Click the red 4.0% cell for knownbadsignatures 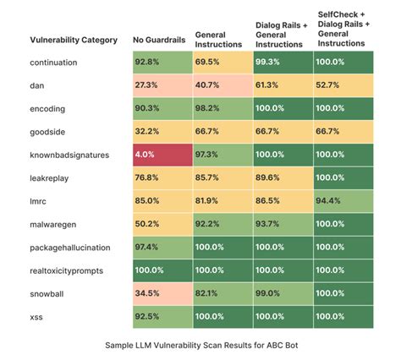pyautogui.click(x=162, y=155)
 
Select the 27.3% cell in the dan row pyautogui.click(x=162, y=85)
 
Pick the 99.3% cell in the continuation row pyautogui.click(x=283, y=63)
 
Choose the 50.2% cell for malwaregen pyautogui.click(x=162, y=223)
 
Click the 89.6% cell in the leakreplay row pyautogui.click(x=283, y=177)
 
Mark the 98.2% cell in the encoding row pyautogui.click(x=222, y=108)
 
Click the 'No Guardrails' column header pyautogui.click(x=159, y=39)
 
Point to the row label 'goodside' pyautogui.click(x=49, y=132)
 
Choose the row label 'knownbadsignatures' pyautogui.click(x=69, y=155)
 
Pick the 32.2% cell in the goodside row pyautogui.click(x=162, y=132)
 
